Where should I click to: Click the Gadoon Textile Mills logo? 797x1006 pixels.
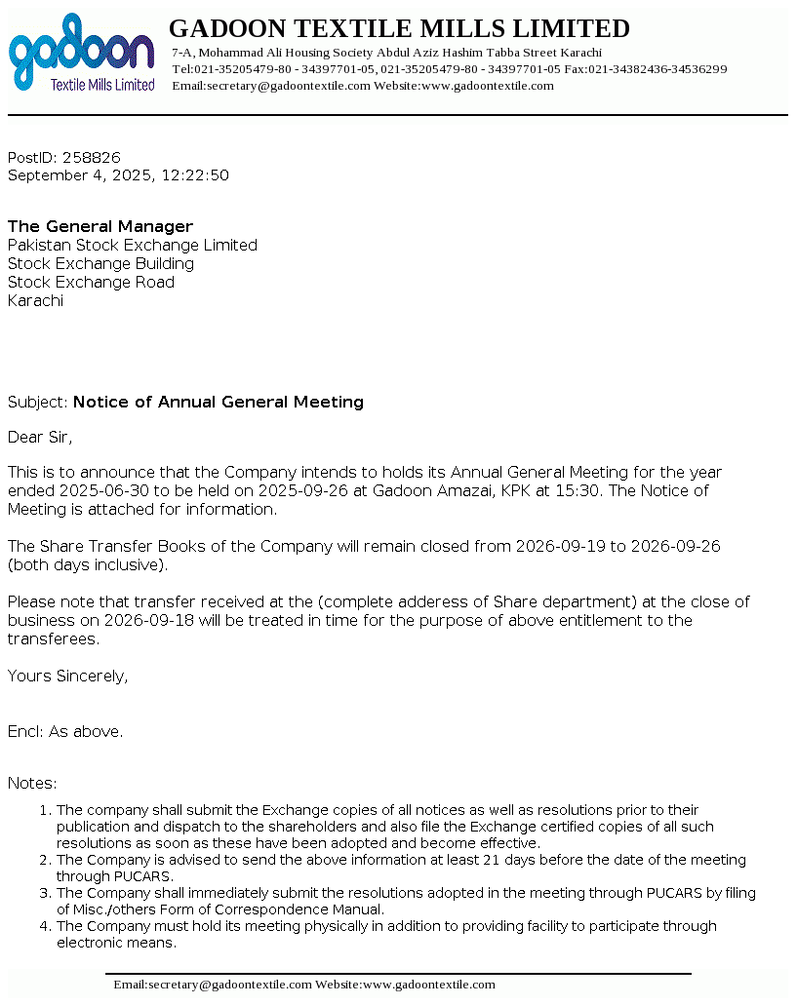point(82,54)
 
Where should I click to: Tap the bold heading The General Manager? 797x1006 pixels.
point(100,227)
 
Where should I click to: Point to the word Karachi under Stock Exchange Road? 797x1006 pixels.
point(35,301)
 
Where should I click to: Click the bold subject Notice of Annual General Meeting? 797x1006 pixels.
point(219,402)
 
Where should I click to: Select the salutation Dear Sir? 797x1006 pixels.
point(40,437)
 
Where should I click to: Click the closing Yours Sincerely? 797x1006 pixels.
point(67,676)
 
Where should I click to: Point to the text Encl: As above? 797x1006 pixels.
point(65,731)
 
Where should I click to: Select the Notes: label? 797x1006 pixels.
point(32,784)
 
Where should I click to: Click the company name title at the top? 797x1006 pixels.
point(400,28)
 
